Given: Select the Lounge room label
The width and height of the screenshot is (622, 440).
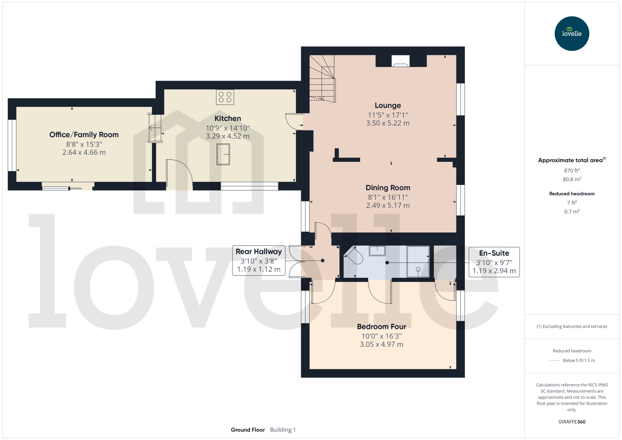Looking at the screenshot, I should (388, 105).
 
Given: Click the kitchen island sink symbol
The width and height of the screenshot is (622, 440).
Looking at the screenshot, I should (223, 154).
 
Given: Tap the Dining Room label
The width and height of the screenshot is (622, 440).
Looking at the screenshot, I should (388, 188).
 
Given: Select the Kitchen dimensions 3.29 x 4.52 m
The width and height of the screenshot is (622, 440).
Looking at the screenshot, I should (227, 136).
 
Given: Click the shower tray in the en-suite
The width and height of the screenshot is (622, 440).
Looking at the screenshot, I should (418, 261).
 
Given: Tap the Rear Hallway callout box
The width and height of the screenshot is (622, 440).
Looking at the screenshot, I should (259, 260).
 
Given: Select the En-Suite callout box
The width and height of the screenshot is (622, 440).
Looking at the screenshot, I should (494, 262).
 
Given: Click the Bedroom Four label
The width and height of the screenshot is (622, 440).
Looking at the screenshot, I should (381, 326).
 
